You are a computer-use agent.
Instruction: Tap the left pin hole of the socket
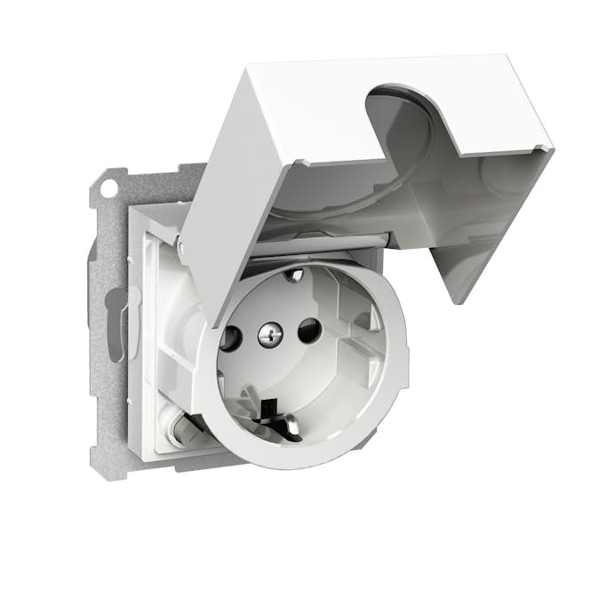pyautogui.click(x=228, y=339)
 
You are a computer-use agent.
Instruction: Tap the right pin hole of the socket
pyautogui.click(x=308, y=331)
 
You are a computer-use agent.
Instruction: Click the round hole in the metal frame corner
pyautogui.click(x=108, y=188)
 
